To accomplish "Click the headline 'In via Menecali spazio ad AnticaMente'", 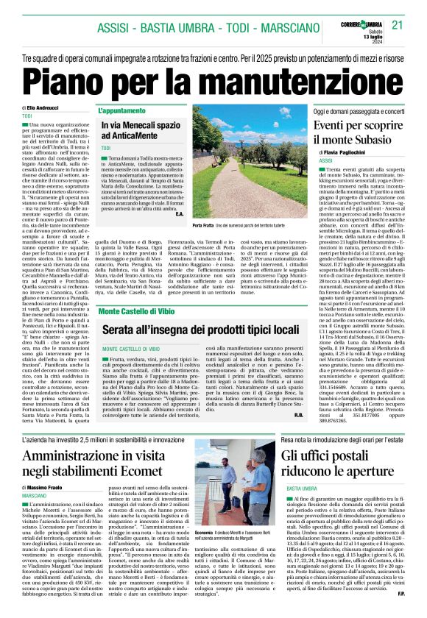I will click(x=137, y=131).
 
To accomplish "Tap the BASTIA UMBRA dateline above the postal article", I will click(x=301, y=489).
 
